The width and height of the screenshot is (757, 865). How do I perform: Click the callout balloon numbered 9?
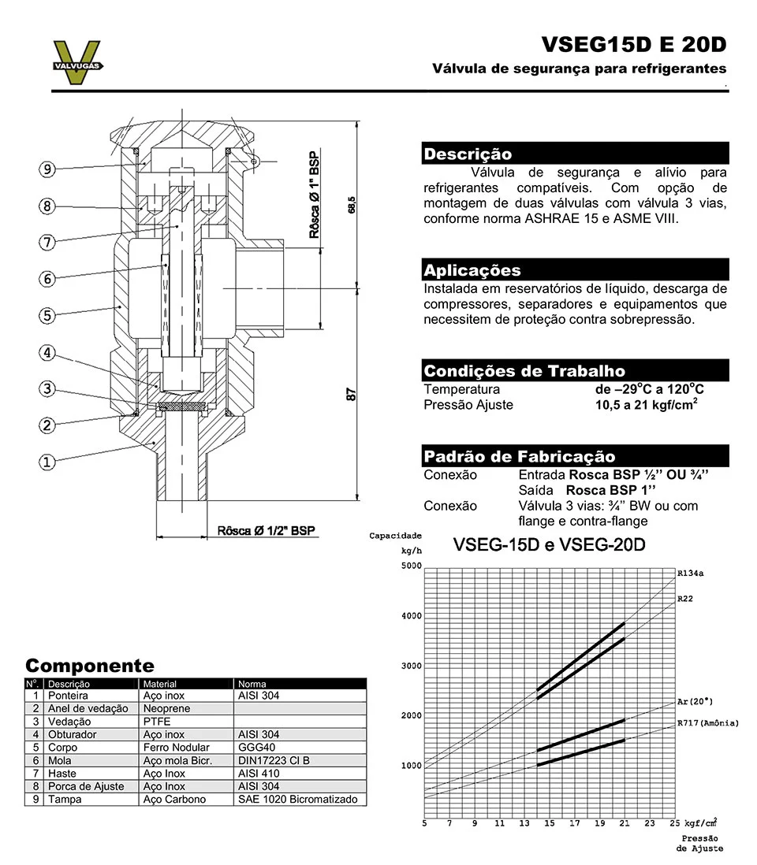point(48,169)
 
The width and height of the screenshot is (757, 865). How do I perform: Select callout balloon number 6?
point(48,279)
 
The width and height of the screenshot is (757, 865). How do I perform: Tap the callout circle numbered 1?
point(48,462)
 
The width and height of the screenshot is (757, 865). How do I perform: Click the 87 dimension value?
point(352,393)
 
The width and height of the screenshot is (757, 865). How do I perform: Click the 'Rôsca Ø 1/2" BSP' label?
point(267,530)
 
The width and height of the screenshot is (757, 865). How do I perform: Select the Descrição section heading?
point(468,154)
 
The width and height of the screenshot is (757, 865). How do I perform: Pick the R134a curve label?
point(690,574)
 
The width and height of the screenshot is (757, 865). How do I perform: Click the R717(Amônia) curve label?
point(707,722)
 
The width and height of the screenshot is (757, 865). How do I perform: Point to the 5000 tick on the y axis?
point(410,566)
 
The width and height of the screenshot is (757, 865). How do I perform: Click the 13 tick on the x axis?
point(524,823)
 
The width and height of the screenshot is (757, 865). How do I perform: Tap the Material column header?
point(160,684)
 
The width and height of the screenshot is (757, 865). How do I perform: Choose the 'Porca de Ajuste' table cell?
point(86,786)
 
